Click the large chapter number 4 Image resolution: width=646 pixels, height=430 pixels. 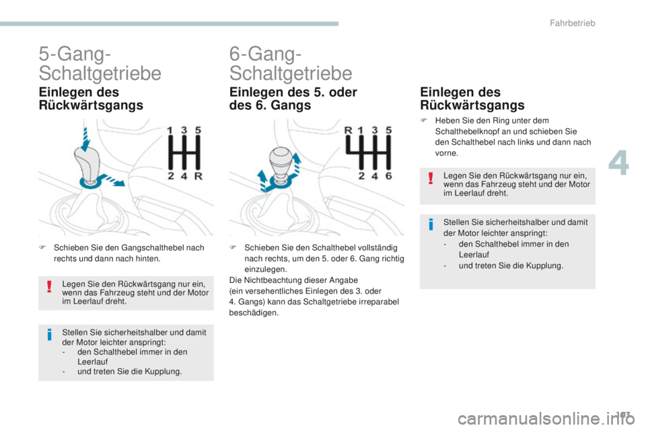[620, 163]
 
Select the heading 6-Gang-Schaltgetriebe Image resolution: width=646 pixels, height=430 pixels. [290, 62]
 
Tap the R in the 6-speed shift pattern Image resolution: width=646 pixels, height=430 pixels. [349, 130]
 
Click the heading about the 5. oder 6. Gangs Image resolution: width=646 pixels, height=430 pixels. [293, 99]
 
